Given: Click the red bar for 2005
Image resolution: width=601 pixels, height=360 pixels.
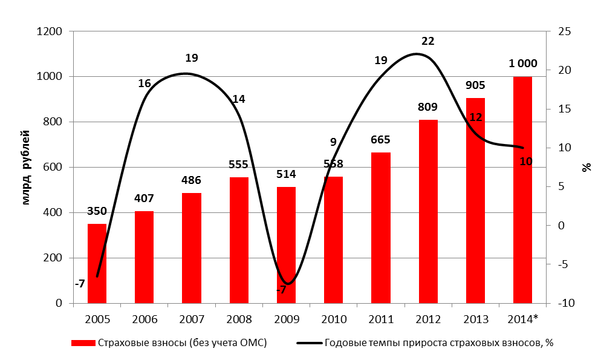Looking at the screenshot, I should [x=97, y=264].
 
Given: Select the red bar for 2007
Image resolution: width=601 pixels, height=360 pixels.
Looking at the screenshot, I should [x=192, y=248].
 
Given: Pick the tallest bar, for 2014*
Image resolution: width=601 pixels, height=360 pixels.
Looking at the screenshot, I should [x=522, y=190].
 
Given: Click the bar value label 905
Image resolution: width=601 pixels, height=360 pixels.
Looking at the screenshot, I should [x=475, y=86].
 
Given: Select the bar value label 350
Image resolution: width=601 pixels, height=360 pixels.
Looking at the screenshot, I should [x=97, y=211].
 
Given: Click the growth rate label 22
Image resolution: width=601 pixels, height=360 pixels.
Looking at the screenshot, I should [x=428, y=41].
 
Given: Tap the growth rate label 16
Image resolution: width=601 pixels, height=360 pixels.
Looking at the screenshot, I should [x=144, y=83].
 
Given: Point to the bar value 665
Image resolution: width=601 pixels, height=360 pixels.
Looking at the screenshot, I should [x=381, y=140].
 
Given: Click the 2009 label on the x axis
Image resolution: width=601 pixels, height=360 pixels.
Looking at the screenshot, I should [x=286, y=318].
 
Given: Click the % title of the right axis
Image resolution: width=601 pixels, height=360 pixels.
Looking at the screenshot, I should [x=586, y=168].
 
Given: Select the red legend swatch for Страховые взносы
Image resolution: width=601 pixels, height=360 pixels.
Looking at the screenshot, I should [x=83, y=343].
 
